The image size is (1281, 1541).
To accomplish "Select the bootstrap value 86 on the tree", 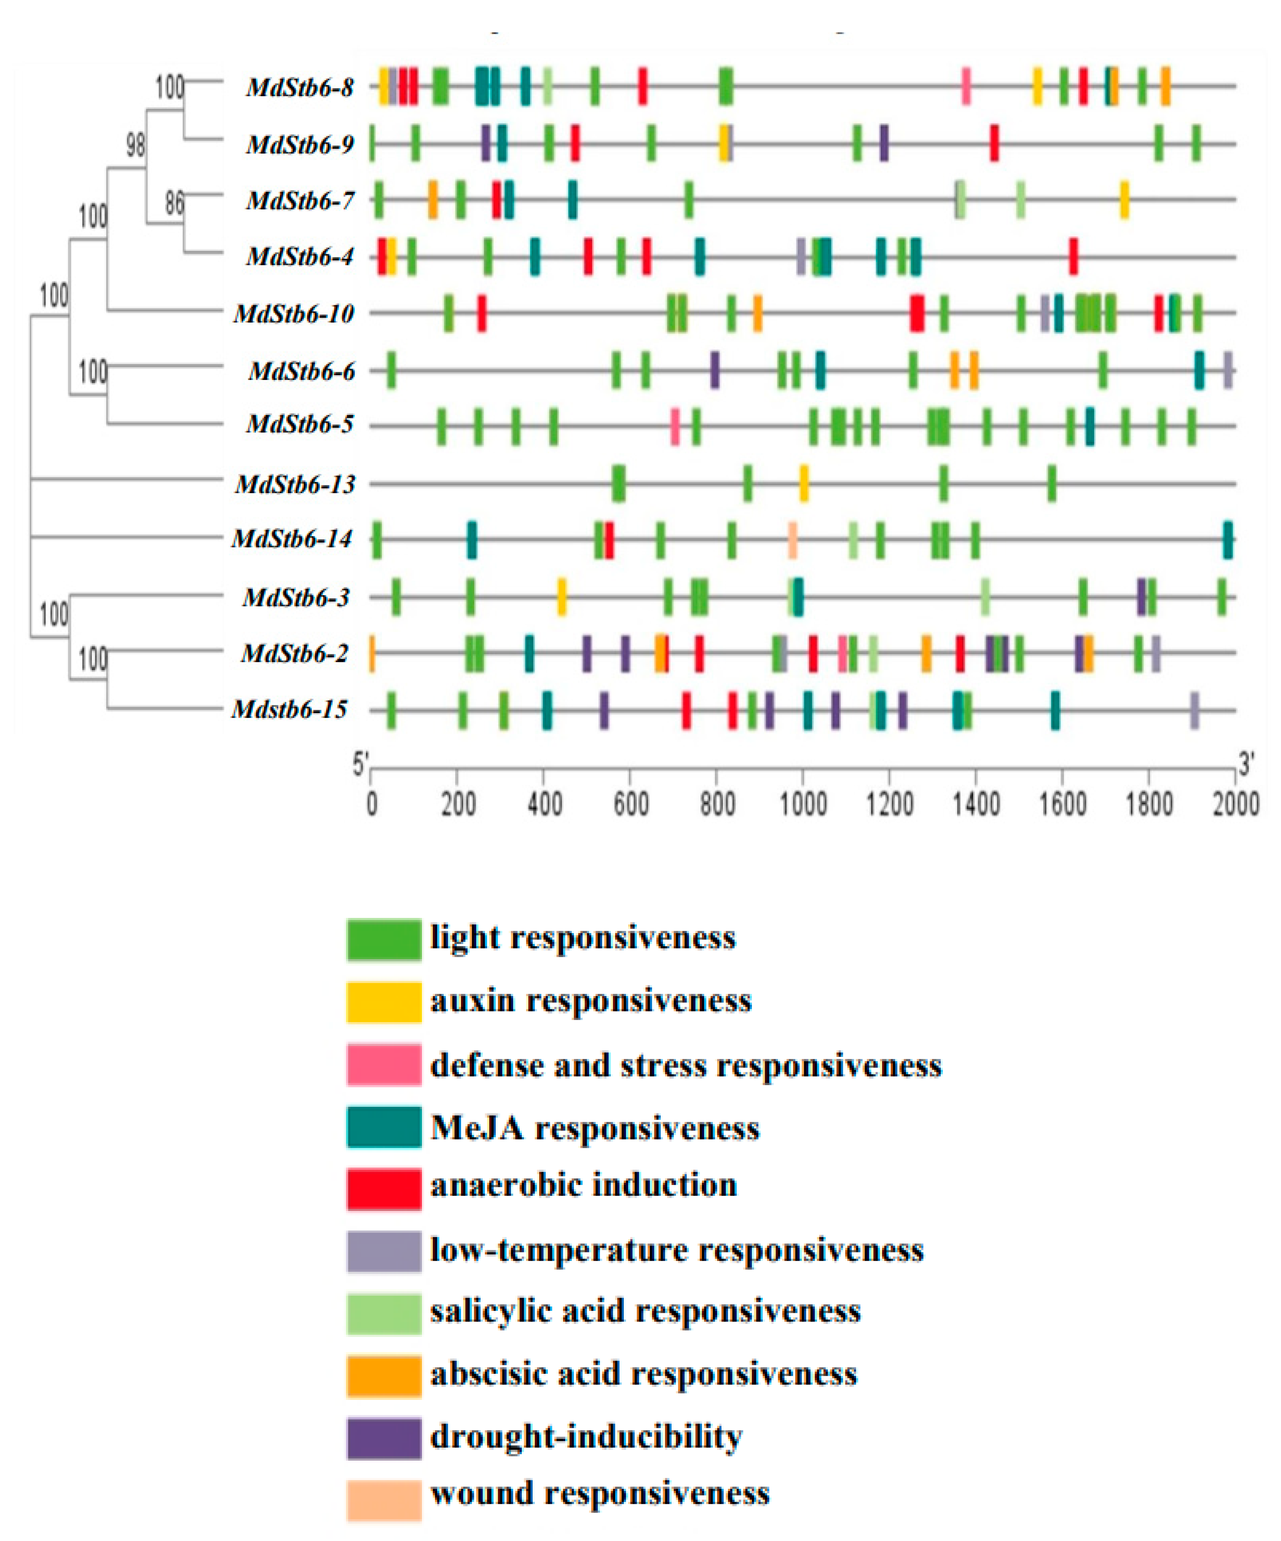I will [x=174, y=202].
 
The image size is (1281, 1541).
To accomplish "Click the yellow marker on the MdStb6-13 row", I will [x=804, y=483].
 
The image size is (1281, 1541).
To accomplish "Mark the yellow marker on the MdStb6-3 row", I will [x=562, y=597].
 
